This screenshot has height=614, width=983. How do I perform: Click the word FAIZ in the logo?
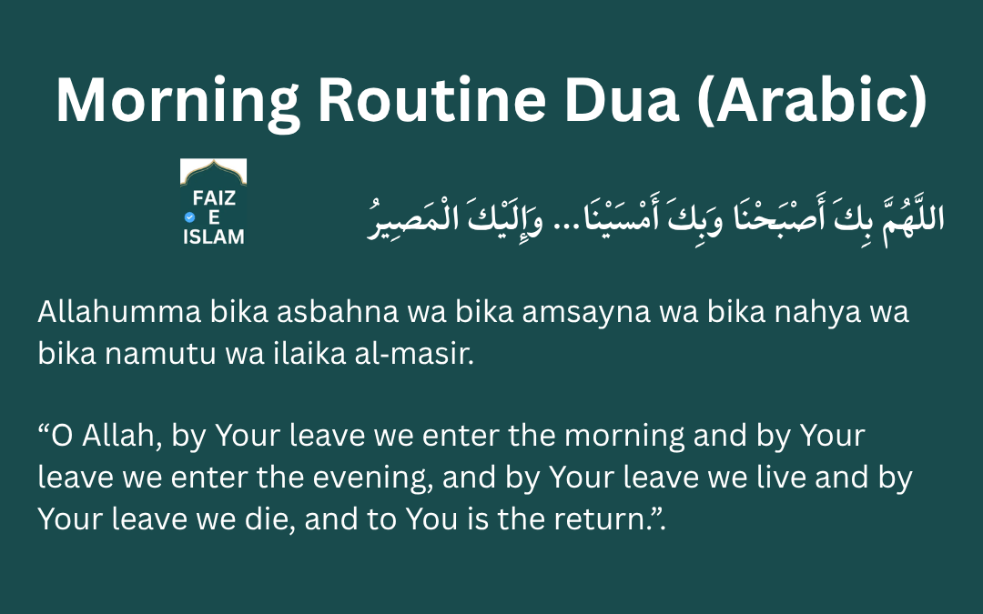(213, 198)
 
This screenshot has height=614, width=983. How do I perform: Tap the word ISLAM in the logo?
(213, 237)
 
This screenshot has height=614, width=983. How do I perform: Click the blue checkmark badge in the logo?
(189, 217)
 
